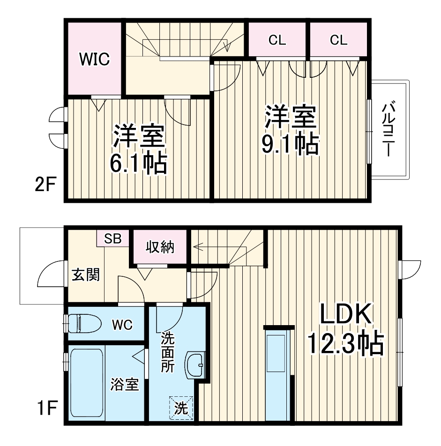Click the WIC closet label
[x=94, y=59]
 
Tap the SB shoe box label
[x=112, y=239]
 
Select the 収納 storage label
[x=159, y=246]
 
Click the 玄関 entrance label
[x=85, y=275]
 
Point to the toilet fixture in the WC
[x=84, y=323]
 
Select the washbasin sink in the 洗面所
[x=194, y=364]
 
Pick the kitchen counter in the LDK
[x=279, y=375]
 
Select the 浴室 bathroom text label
[x=124, y=385]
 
